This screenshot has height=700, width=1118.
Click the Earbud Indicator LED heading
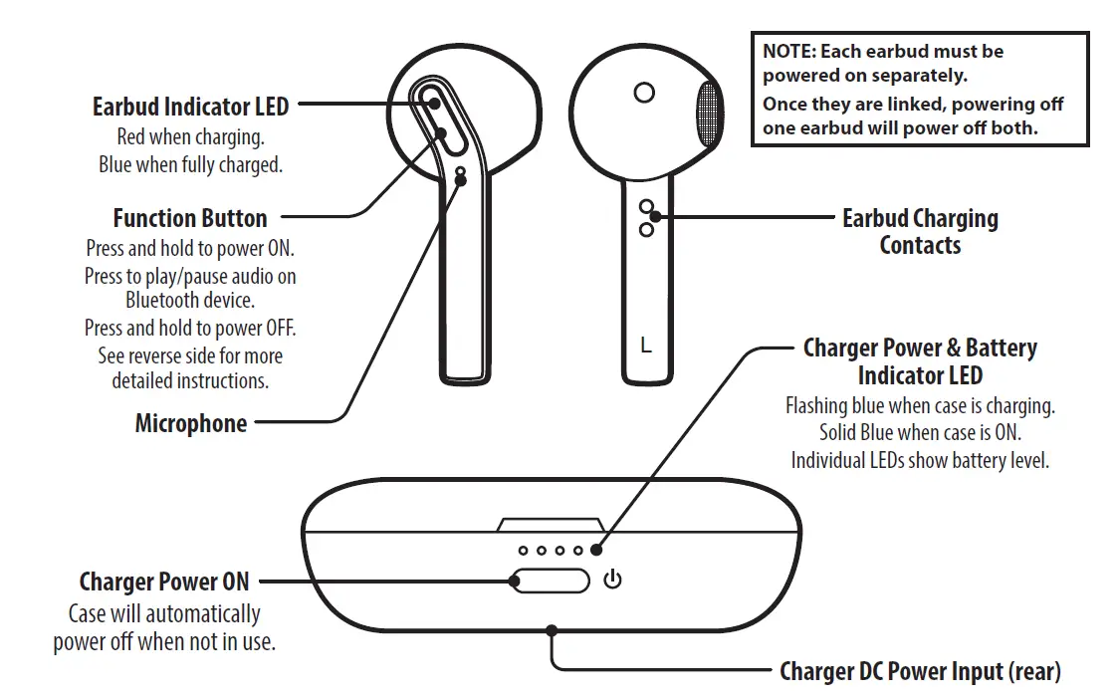[x=190, y=106]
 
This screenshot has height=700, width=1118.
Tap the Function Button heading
[x=189, y=218]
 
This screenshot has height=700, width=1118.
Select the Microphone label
[x=190, y=423]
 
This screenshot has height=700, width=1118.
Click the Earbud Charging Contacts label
[x=919, y=231]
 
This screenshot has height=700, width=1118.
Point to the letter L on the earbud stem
[x=646, y=346]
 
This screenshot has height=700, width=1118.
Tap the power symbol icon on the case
[x=612, y=579]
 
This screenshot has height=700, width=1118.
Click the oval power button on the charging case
[x=551, y=580]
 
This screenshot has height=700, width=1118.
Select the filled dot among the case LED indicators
[x=596, y=550]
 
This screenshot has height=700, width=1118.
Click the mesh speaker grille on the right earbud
[x=707, y=117]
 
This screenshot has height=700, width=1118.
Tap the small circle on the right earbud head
[x=643, y=93]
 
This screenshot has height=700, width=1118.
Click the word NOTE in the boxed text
[x=786, y=51]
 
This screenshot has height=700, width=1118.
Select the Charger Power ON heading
[x=164, y=582]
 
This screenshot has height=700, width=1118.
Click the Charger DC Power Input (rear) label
[x=920, y=671]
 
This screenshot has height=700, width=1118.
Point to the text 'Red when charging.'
[x=190, y=137]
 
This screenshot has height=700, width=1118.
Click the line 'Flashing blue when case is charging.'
[x=920, y=406]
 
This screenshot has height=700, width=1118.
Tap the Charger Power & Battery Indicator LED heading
[x=920, y=361]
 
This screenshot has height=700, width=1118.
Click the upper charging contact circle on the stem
[x=646, y=206]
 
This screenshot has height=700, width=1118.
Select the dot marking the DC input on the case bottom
[x=551, y=629]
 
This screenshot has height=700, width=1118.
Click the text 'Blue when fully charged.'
[x=190, y=165]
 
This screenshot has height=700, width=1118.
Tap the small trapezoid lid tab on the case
[x=551, y=524]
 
